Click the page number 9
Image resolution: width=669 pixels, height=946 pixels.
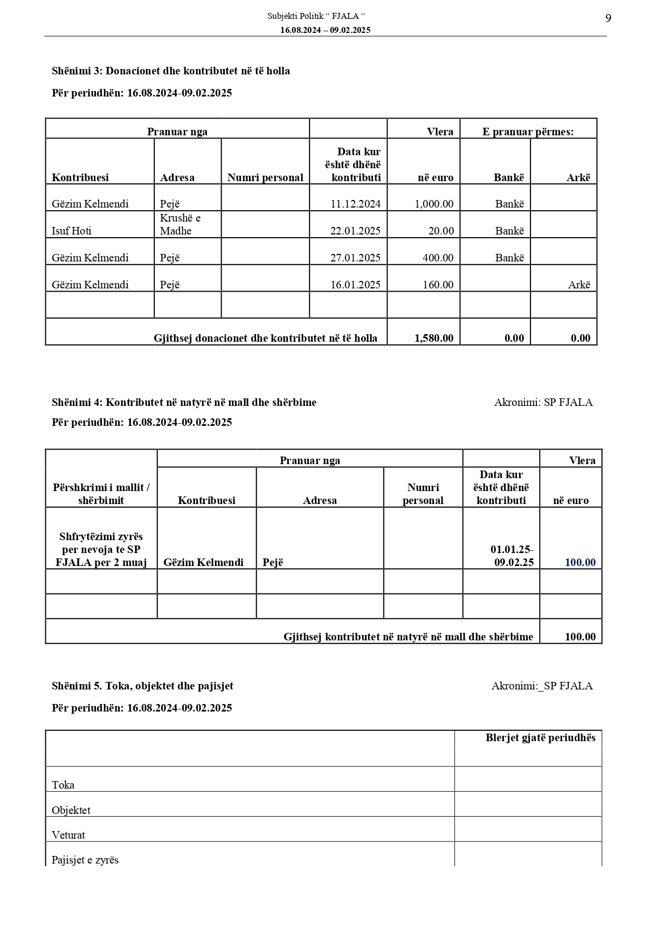click(x=608, y=19)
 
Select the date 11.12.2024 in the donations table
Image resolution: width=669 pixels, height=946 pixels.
click(x=355, y=204)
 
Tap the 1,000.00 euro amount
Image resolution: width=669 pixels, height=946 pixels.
click(x=434, y=204)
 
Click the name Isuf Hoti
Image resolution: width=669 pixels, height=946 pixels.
click(x=72, y=231)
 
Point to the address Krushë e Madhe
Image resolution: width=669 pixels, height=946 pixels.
click(x=180, y=224)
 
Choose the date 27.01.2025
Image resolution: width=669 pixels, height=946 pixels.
click(x=355, y=258)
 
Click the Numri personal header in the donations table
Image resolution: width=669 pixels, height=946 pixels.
click(x=265, y=177)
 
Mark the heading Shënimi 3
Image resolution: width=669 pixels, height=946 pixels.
click(x=171, y=71)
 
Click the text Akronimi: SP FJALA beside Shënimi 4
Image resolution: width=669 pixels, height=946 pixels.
click(x=543, y=402)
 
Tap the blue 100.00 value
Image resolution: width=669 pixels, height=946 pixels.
click(x=580, y=562)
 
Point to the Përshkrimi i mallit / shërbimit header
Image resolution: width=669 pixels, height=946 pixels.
click(x=101, y=494)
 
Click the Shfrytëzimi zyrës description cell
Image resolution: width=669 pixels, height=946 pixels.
click(x=101, y=549)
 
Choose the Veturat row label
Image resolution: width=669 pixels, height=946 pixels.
click(x=68, y=835)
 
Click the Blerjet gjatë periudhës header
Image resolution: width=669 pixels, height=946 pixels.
click(x=540, y=737)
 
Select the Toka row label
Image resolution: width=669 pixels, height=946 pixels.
click(x=63, y=785)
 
